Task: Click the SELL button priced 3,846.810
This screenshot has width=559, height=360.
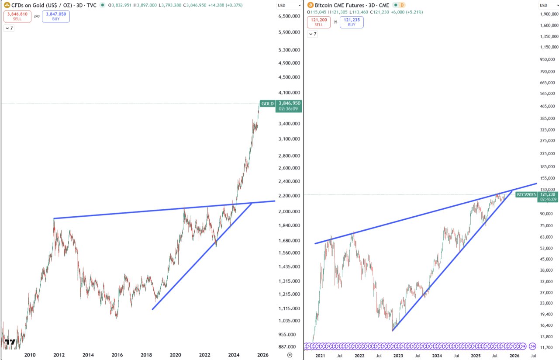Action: tap(17, 17)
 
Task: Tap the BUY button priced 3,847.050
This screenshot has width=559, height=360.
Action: tap(56, 17)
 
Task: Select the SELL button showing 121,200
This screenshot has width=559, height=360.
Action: tap(319, 22)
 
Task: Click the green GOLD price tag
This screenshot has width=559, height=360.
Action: tap(267, 104)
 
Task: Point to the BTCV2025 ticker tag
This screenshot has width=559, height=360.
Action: tap(525, 194)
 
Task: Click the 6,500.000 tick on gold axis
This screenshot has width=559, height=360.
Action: tap(289, 16)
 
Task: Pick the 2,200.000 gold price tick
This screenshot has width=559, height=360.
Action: tap(289, 196)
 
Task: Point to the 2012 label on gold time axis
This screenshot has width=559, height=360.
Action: tap(59, 355)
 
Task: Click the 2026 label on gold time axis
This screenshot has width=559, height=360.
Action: tap(262, 355)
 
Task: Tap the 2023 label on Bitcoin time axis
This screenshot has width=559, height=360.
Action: tap(398, 356)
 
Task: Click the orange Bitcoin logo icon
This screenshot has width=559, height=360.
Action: tap(311, 5)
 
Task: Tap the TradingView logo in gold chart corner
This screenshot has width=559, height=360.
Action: tap(11, 342)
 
